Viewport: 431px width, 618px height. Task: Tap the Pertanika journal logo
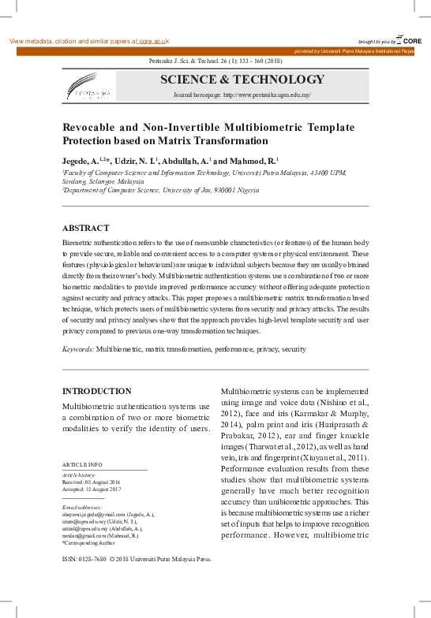tap(88, 87)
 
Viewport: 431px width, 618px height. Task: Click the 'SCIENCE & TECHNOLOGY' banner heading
tap(242, 80)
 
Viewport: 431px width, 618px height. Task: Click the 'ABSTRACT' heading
tap(85, 226)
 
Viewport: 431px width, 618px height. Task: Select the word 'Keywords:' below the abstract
tap(77, 348)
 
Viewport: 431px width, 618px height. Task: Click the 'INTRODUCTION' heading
tap(96, 391)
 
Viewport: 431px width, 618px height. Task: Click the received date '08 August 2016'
tap(110, 482)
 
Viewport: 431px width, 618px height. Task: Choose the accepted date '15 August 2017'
tap(110, 489)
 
